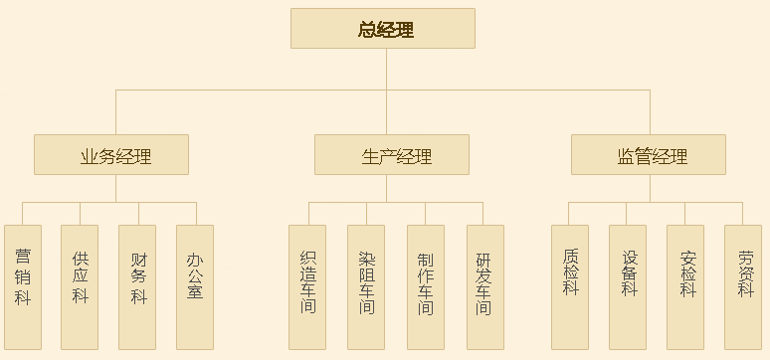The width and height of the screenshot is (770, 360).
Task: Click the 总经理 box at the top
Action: point(383,29)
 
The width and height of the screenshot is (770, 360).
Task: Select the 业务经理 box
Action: point(111,155)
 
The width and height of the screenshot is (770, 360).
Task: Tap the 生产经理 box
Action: point(392,155)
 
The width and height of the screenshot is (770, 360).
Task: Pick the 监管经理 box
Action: point(649,155)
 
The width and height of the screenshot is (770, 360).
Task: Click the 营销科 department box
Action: point(23,286)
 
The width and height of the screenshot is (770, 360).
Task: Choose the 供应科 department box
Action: point(80,286)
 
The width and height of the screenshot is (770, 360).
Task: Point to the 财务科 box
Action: point(137,286)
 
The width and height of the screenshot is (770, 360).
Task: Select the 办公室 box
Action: point(195,286)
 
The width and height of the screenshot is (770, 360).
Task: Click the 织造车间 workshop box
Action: point(307,286)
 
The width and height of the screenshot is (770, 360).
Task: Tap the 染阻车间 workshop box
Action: point(366,286)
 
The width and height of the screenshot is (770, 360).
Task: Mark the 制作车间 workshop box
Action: point(425,286)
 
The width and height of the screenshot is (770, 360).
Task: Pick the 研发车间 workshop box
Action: point(484,286)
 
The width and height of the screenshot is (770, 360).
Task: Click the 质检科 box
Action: point(570,286)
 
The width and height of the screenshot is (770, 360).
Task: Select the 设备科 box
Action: point(628,286)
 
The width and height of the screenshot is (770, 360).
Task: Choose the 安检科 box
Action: point(685,286)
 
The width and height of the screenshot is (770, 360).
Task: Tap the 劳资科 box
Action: point(743,286)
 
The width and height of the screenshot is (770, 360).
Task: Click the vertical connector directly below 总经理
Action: point(383,70)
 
